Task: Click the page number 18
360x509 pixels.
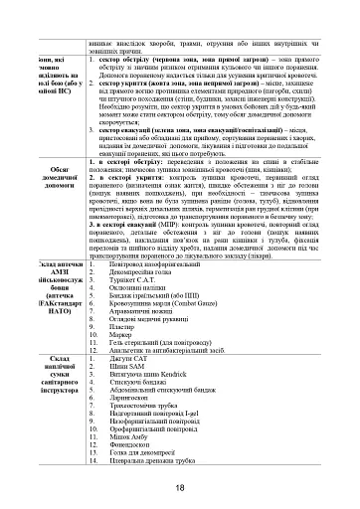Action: [179, 486]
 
